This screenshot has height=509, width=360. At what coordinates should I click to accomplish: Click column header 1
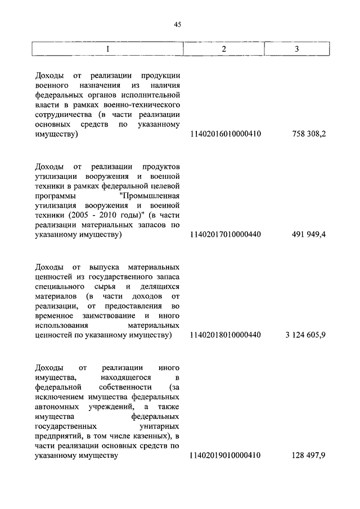(109, 49)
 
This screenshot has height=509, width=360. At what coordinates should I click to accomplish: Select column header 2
(224, 49)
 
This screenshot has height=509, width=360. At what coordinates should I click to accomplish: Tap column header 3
(296, 49)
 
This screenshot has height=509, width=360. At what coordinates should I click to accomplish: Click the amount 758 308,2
(309, 134)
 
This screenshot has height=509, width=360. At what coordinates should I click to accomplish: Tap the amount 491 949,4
(309, 235)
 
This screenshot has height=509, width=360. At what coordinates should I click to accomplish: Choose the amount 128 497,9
(309, 456)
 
